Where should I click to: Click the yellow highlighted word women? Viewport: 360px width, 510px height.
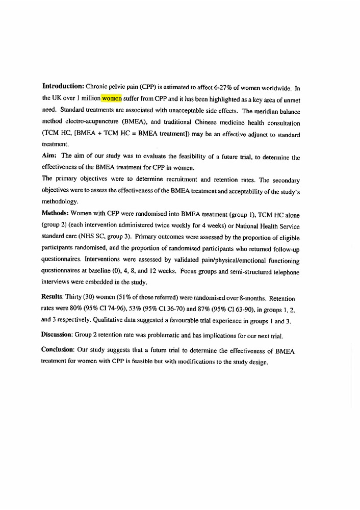coord(112,98)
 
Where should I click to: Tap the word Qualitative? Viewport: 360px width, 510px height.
coord(132,320)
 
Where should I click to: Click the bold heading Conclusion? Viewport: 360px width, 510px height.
coord(58,350)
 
